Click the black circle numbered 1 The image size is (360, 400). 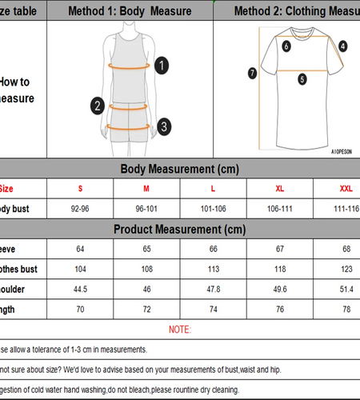[x=162, y=66]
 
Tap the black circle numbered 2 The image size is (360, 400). [x=98, y=105]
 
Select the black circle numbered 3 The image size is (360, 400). [x=163, y=126]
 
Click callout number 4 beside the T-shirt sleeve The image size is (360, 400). [x=342, y=46]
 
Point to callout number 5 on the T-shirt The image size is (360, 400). [x=302, y=79]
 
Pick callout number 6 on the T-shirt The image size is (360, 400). [x=286, y=46]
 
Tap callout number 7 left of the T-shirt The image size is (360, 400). [x=252, y=73]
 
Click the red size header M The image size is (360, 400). [x=146, y=189]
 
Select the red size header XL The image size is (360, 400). [x=279, y=189]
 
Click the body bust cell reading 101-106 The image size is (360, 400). [x=213, y=209]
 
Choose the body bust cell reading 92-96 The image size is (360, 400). [x=80, y=209]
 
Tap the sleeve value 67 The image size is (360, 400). [x=279, y=249]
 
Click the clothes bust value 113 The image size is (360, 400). [x=213, y=269]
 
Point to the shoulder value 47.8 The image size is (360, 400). [x=213, y=289]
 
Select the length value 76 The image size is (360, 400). [x=279, y=309]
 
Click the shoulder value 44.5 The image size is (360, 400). [x=80, y=289]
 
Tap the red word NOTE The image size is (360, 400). [x=180, y=329]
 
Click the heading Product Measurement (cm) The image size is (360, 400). [x=179, y=229]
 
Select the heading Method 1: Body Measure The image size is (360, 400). [x=130, y=11]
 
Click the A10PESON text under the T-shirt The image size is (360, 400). [x=342, y=150]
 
